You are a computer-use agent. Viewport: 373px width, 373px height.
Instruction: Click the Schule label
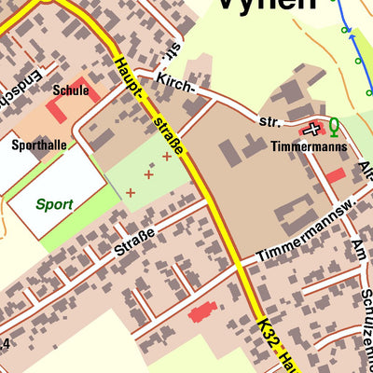(72, 90)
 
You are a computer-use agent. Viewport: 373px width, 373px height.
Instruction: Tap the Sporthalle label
(39, 145)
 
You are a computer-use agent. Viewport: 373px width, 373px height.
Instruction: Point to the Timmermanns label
(309, 146)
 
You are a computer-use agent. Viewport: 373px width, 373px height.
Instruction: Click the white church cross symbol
(311, 129)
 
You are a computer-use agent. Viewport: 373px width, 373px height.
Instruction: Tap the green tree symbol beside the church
(333, 128)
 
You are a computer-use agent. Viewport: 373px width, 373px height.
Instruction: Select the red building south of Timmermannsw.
(202, 311)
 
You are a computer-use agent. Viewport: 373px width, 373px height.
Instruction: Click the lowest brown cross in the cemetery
(130, 193)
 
